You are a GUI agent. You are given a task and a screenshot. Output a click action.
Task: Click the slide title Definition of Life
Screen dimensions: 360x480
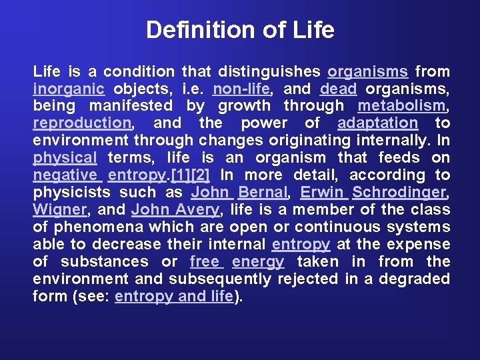pos(240,30)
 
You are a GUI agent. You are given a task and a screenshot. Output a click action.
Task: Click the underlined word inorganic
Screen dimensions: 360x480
pos(69,89)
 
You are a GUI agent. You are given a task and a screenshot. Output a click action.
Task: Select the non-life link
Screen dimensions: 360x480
pos(241,89)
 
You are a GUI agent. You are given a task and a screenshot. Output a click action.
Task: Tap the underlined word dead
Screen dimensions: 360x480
pos(338,89)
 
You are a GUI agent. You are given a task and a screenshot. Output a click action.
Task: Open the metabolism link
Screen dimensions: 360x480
pos(401,106)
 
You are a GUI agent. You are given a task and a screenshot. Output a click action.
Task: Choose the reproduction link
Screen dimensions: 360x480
pos(82,123)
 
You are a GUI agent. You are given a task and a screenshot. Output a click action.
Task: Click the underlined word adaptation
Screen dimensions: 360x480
pos(377,123)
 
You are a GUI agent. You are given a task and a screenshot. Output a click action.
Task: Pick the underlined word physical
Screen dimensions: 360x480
pos(65,158)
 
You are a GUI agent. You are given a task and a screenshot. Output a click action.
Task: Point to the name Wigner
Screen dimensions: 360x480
pos(59,210)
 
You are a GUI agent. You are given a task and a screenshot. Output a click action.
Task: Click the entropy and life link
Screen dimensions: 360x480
pos(175,297)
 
